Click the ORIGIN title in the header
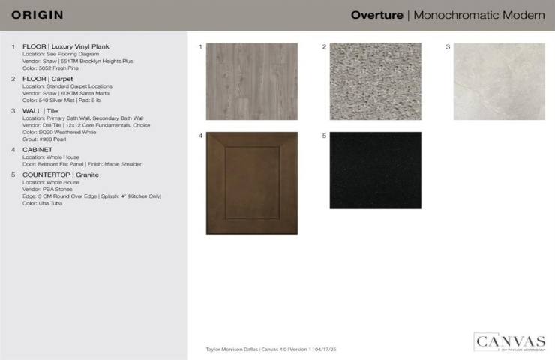pos(37,15)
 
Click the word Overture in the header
pos(376,15)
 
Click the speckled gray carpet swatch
pos(375,81)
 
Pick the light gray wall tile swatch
pos(499,81)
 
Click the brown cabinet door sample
pos(251,183)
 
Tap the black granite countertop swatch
pos(375,170)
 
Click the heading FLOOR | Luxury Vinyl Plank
pos(66,46)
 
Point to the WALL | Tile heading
pos(40,110)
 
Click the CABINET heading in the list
pos(37,150)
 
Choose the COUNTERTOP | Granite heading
pos(61,175)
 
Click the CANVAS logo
pos(509,342)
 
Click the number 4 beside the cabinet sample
pos(200,136)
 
